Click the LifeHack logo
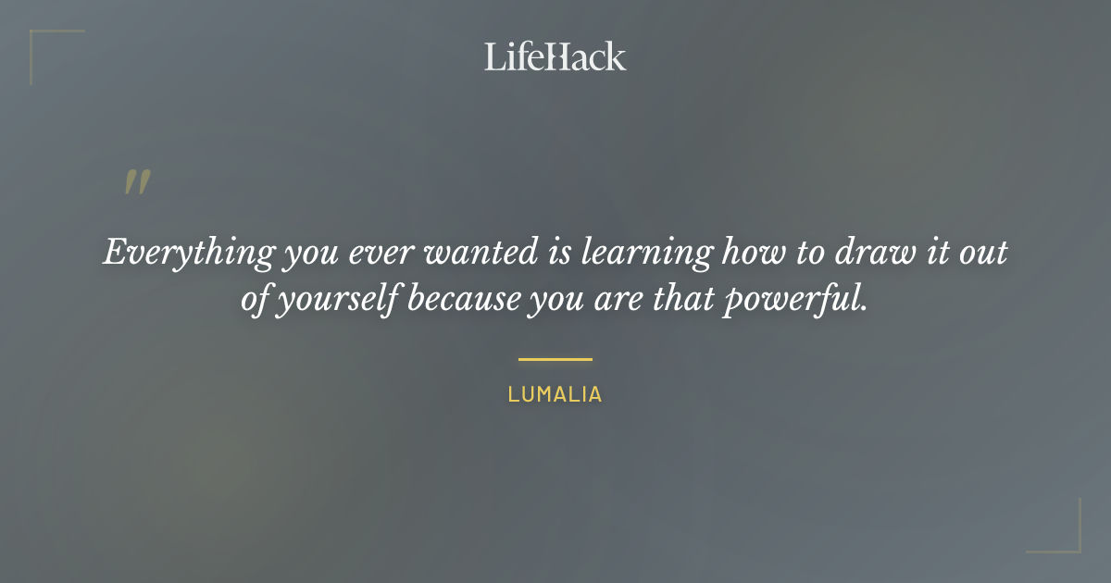pyautogui.click(x=555, y=56)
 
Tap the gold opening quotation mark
pyautogui.click(x=137, y=182)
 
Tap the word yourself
pyautogui.click(x=337, y=302)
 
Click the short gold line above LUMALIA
pyautogui.click(x=555, y=359)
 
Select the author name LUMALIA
pyautogui.click(x=555, y=394)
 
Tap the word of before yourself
pyautogui.click(x=255, y=301)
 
